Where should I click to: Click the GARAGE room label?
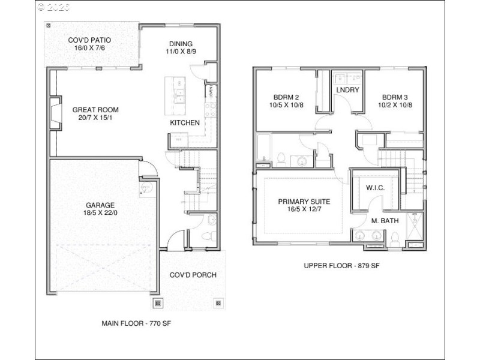coord(100,205)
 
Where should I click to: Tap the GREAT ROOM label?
coord(95,110)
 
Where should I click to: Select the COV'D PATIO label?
coord(93,40)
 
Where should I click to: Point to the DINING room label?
coord(181,44)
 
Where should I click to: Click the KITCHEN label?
coord(185,122)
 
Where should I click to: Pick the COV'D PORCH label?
coord(193,275)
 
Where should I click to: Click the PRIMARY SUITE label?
coord(304,202)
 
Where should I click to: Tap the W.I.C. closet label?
coord(375,188)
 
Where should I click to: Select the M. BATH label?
coord(385,221)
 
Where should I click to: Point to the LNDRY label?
coord(347,90)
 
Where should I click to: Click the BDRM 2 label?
coord(286,97)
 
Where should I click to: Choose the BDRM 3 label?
coord(395,97)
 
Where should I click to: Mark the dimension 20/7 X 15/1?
coord(95,118)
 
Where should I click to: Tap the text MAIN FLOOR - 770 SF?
coord(136,323)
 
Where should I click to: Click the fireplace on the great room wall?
coord(54,113)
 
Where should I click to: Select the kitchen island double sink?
coord(178,95)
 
